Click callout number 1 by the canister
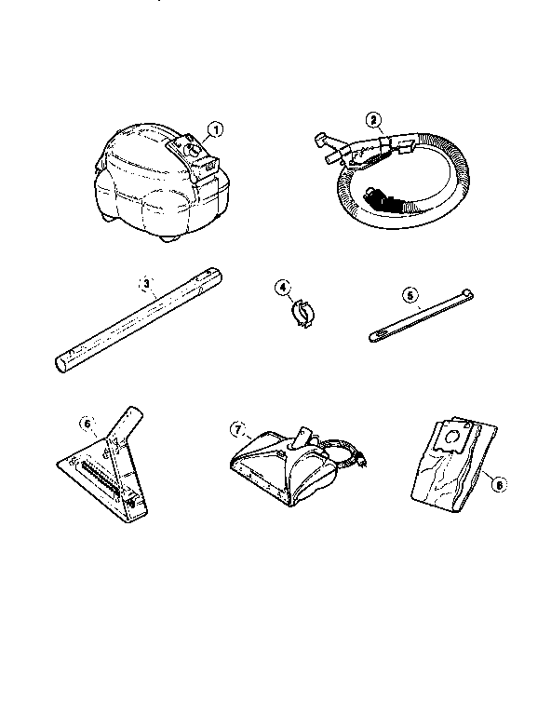[x=216, y=129]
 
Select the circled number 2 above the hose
[x=373, y=120]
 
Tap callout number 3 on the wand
[x=146, y=283]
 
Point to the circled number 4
[x=283, y=288]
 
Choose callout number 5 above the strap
[x=410, y=295]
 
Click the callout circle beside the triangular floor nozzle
[x=87, y=424]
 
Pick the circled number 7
[x=237, y=429]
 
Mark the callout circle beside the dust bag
[x=499, y=485]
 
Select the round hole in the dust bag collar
[x=453, y=438]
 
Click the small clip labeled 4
[x=302, y=313]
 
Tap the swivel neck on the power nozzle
[x=303, y=437]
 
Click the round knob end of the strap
[x=466, y=291]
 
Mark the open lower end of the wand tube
[x=60, y=366]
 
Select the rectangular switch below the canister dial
[x=209, y=165]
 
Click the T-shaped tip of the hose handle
[x=321, y=139]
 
